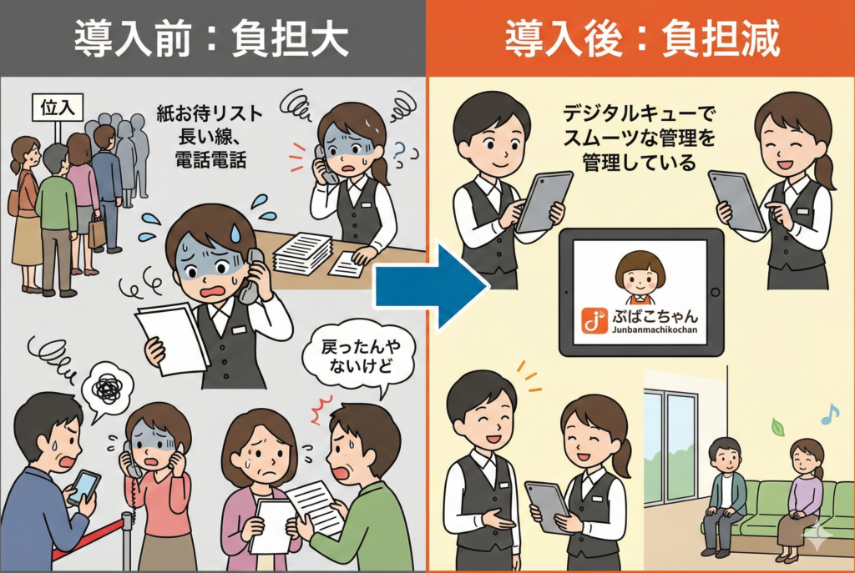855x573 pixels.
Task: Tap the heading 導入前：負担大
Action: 211,38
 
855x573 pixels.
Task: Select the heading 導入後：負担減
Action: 642,38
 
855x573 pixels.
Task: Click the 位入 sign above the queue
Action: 58,108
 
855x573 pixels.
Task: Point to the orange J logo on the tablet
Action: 594,320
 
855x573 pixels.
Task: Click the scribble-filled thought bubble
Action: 108,387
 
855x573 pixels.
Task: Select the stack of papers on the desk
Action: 303,252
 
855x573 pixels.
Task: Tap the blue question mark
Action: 401,153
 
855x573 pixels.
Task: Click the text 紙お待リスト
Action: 210,113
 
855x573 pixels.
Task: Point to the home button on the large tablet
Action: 716,293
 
